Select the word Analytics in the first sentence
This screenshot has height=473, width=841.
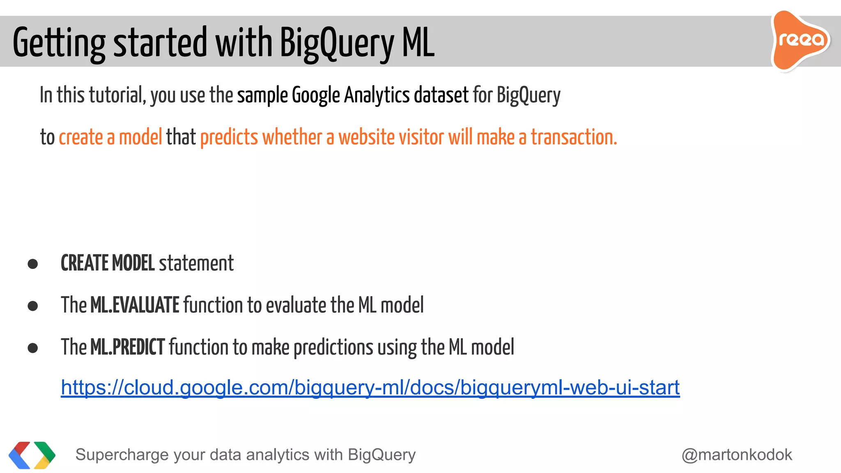tap(377, 95)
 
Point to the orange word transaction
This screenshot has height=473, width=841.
tap(574, 137)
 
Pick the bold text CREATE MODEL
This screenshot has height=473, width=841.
tap(108, 263)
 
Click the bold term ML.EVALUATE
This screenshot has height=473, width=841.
tap(135, 305)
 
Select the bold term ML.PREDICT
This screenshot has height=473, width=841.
tap(127, 347)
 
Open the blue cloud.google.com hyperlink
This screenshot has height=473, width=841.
tap(370, 388)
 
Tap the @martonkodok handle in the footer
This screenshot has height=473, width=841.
tap(737, 455)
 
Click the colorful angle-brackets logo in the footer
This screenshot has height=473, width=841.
tap(32, 455)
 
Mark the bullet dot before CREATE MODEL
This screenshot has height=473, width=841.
tap(33, 264)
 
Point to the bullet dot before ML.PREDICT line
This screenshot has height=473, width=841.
tap(33, 348)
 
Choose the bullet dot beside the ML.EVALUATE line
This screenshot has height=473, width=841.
tap(33, 306)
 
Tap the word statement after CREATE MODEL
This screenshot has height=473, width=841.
tap(196, 263)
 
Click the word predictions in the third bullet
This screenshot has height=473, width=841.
tap(333, 347)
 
